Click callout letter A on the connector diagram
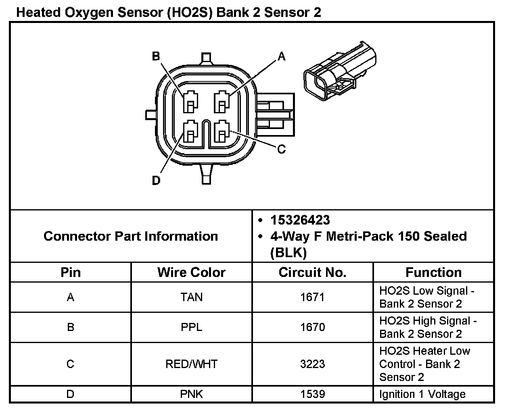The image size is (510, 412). click(281, 57)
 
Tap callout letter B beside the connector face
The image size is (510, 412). click(156, 56)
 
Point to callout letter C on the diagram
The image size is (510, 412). click(281, 150)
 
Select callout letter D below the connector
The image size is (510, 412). click(156, 181)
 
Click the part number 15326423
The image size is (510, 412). click(300, 220)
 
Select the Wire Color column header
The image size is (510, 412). click(191, 273)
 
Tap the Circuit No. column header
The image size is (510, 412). click(312, 273)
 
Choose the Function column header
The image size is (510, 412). click(433, 273)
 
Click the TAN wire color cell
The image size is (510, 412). click(191, 297)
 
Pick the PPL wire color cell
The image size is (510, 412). click(191, 327)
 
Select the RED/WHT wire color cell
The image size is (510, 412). click(191, 364)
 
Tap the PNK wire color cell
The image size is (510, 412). click(191, 394)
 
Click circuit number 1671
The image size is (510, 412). click(312, 297)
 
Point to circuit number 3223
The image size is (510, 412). click(312, 364)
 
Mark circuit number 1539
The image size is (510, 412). click(312, 394)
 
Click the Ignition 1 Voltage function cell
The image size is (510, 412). click(422, 394)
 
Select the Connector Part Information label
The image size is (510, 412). click(131, 236)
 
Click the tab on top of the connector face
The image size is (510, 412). click(206, 58)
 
